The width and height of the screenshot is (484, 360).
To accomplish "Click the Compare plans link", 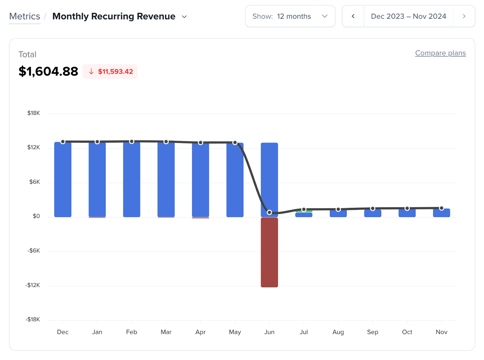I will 440,53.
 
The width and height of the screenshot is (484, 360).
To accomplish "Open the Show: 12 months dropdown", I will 290,16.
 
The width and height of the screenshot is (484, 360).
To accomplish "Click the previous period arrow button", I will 353,16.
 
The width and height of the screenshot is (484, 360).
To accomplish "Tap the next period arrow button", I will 464,16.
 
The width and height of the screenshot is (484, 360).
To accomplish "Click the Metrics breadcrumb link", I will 25,16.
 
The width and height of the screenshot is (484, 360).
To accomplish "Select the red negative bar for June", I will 269,252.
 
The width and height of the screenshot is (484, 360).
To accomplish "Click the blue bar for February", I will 131,180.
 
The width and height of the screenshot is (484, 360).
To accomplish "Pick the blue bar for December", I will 63,180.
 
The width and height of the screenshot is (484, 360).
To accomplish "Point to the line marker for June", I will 269,212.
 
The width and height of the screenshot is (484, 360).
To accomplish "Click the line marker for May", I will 235,143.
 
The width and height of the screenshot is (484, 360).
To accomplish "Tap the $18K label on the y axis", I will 34,113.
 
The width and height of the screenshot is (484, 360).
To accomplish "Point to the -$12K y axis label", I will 33,285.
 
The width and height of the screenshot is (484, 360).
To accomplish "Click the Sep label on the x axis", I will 372,332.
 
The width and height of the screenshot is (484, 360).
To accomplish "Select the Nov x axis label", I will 441,332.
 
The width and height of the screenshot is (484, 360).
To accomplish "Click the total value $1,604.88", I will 48,71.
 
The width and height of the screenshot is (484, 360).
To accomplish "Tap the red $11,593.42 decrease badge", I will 110,72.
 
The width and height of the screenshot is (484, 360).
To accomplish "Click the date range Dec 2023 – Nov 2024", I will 408,16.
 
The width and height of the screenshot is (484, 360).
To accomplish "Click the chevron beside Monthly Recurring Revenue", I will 184,17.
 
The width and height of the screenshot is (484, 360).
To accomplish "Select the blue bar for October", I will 407,213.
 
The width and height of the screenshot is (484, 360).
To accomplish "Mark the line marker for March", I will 166,142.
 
